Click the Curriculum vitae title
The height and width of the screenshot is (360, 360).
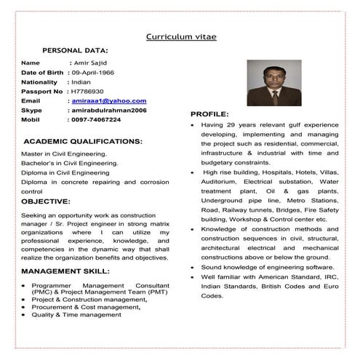click(x=181, y=36)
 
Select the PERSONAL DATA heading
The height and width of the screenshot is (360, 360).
click(x=76, y=50)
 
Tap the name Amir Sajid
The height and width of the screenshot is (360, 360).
click(x=89, y=63)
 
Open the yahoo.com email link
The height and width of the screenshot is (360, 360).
click(x=108, y=101)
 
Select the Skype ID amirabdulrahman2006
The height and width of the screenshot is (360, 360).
click(x=108, y=110)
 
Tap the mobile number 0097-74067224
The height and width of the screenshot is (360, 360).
click(x=96, y=119)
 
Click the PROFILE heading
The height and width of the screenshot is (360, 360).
click(x=209, y=114)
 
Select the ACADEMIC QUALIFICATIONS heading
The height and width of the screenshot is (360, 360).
click(x=84, y=140)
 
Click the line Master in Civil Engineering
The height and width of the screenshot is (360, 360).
click(x=64, y=154)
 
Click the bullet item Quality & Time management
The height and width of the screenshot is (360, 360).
click(x=76, y=315)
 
